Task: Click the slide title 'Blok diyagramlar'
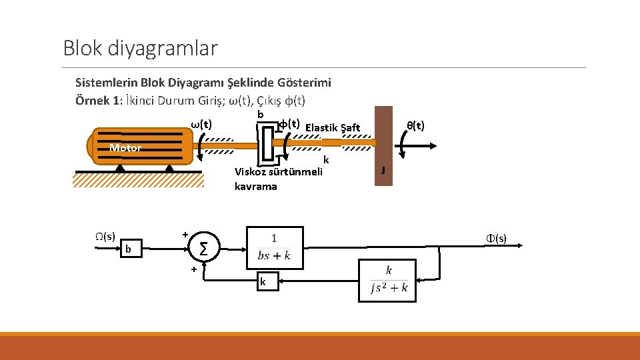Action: click(x=140, y=48)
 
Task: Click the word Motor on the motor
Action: click(x=125, y=148)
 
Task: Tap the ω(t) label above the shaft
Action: click(x=201, y=124)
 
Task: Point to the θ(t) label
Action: click(x=415, y=125)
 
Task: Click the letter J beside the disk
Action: click(x=383, y=171)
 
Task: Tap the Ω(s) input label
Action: click(x=105, y=236)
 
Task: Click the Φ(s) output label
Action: click(x=495, y=238)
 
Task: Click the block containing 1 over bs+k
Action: click(x=275, y=247)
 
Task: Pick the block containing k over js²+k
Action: click(x=387, y=280)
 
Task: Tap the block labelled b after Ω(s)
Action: click(x=129, y=249)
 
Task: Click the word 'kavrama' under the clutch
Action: click(x=255, y=187)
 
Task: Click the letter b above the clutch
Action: click(x=261, y=115)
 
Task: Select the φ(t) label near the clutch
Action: click(x=288, y=124)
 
